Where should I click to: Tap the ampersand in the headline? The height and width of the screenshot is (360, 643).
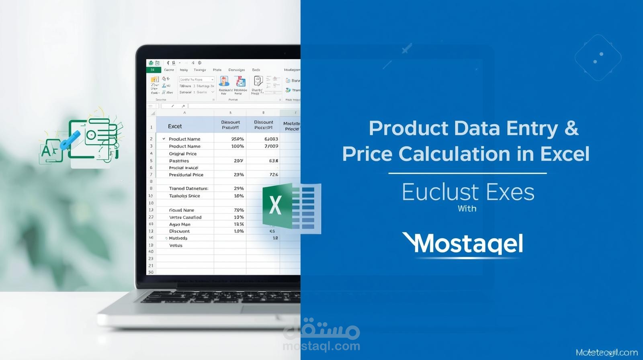[571, 129]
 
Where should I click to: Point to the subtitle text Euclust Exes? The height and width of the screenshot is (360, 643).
[468, 192]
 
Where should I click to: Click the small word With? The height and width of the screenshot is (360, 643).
[467, 209]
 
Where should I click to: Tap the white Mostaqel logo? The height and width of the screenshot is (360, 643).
[463, 243]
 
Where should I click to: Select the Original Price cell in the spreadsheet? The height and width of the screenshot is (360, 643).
[183, 153]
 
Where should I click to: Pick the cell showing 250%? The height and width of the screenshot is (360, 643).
[238, 139]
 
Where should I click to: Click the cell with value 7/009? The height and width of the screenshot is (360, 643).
[271, 146]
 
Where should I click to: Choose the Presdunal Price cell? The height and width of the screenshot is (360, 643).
[186, 175]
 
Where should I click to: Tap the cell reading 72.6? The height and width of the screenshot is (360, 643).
[274, 175]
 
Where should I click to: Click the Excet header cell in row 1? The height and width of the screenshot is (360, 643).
[175, 126]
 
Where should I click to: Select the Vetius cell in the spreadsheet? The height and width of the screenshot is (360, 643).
[176, 245]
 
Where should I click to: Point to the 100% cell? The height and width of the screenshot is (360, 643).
[238, 146]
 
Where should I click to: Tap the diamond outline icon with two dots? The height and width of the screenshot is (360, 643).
[598, 57]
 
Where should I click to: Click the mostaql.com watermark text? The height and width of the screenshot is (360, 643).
[321, 346]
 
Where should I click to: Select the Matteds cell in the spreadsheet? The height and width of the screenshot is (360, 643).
[178, 238]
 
